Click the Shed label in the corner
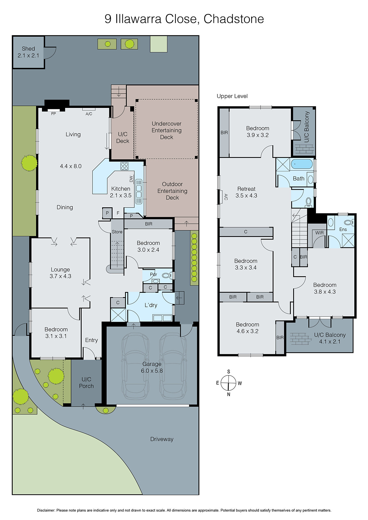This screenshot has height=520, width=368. (28, 52)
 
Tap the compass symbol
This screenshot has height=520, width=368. (228, 383)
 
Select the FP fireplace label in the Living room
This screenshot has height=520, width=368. (53, 114)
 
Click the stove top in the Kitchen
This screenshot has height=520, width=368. (124, 166)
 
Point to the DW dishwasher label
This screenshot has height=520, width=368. (131, 179)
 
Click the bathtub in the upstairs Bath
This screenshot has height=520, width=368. (301, 164)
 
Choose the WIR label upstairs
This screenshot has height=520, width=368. (319, 233)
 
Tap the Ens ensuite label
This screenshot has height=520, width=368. (343, 229)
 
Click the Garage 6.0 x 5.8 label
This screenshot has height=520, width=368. (152, 367)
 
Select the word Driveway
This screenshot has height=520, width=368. (162, 439)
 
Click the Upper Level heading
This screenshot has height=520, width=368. (232, 96)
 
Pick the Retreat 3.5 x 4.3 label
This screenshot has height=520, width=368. (246, 192)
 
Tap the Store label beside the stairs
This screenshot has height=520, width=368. (117, 232)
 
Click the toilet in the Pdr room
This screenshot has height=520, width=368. (167, 276)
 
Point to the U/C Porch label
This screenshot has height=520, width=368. (86, 383)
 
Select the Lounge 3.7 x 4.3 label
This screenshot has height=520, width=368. (60, 273)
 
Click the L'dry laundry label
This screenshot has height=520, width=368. (151, 305)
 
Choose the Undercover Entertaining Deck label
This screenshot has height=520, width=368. (167, 130)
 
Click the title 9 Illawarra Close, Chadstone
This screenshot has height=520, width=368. (184, 19)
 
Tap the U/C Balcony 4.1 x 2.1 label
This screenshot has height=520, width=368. (330, 338)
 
